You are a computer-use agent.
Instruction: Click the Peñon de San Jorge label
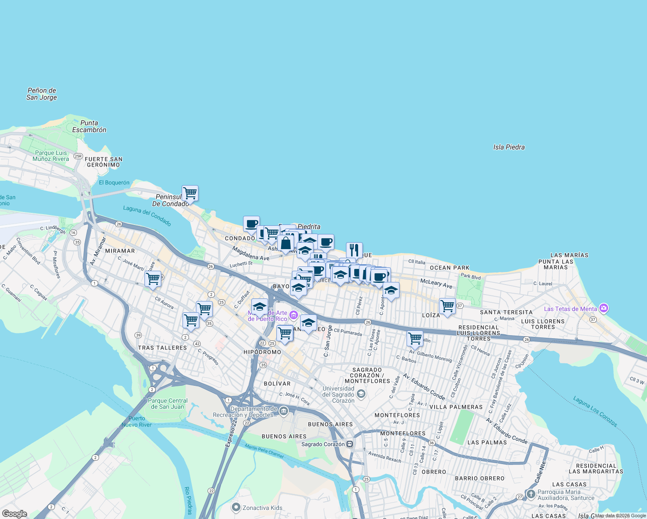tap(42, 94)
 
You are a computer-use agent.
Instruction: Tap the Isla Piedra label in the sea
tap(509, 147)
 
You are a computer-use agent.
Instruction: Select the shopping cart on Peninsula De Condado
tap(190, 193)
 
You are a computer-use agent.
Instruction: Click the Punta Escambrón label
tap(89, 126)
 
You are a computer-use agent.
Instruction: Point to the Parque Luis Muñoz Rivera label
tap(51, 156)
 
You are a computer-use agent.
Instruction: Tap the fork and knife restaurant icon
tap(354, 250)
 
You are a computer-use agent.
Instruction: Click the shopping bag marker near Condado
tap(286, 243)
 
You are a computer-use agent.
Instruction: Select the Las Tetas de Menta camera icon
tap(604, 308)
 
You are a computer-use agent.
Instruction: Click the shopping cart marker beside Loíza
tap(447, 306)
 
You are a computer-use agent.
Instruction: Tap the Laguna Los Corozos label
tap(595, 411)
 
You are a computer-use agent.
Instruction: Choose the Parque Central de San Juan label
tap(168, 404)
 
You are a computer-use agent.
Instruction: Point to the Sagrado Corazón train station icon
tap(349, 444)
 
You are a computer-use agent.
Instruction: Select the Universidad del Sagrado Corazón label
tap(339, 394)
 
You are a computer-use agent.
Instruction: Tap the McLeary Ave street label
tap(436, 283)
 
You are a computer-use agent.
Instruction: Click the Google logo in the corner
tap(15, 514)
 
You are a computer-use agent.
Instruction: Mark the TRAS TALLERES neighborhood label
tap(162, 348)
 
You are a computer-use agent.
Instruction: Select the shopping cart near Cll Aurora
tap(153, 279)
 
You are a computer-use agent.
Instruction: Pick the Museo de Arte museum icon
tap(294, 314)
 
